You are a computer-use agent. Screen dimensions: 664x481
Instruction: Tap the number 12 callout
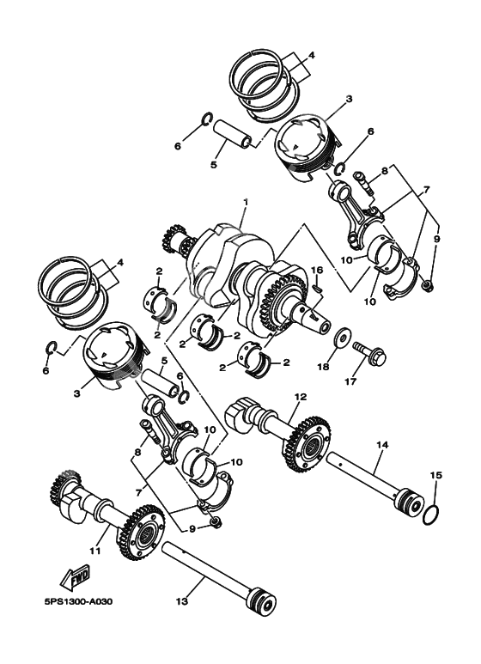click(x=300, y=397)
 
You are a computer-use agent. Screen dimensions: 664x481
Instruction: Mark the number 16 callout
click(x=317, y=271)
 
